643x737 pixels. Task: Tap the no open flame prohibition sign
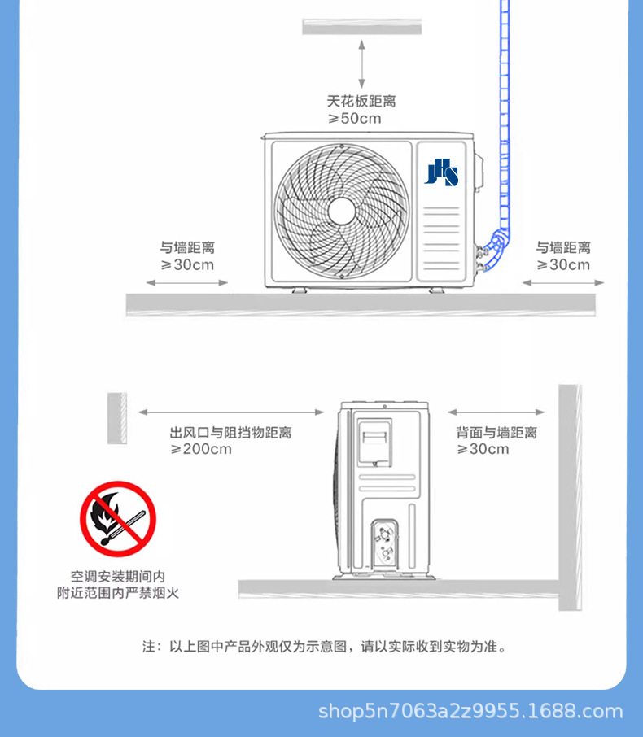coord(117,519)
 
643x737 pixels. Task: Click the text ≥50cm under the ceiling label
coord(354,119)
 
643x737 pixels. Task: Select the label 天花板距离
coord(361,102)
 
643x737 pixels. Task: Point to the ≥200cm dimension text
coord(201,449)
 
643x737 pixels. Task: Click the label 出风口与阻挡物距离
coord(230,433)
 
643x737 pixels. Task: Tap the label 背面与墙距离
coord(496,433)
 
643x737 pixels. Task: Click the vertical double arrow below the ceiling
coord(361,65)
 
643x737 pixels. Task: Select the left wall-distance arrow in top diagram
coord(187,283)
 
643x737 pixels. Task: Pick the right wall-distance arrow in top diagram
coord(563,283)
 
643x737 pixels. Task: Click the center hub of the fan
coord(341,211)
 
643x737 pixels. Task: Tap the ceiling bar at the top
coord(361,27)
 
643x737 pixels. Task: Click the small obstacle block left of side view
coord(116,418)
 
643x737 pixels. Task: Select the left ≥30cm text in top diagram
coord(187,265)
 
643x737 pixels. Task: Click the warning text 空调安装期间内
coord(117,575)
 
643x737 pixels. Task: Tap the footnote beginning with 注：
coord(326,648)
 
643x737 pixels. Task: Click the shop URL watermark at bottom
coord(470,713)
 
